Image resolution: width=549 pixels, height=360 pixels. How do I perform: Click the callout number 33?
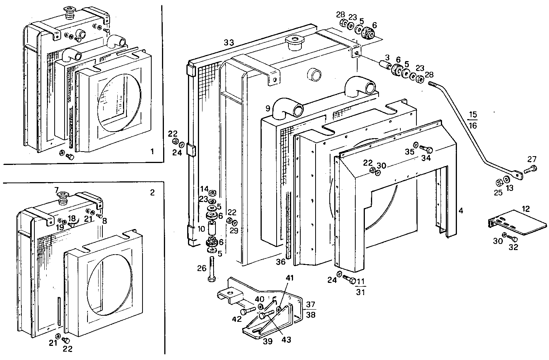tap(228, 42)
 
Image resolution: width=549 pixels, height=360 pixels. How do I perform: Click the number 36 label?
tap(280, 262)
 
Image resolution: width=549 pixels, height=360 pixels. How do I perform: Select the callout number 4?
tap(461, 210)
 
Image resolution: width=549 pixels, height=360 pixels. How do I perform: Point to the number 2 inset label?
tap(152, 192)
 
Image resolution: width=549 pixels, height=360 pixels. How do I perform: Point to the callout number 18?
tap(71, 218)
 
